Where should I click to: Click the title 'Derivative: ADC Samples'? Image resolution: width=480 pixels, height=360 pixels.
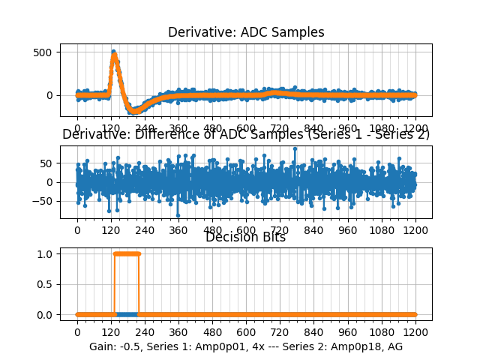pyautogui.click(x=246, y=32)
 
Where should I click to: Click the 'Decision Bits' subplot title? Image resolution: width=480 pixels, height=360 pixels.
pyautogui.click(x=245, y=238)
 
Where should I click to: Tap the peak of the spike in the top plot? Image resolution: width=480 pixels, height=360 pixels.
pyautogui.click(x=113, y=52)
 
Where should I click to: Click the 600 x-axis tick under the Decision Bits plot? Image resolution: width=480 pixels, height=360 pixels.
pyautogui.click(x=246, y=332)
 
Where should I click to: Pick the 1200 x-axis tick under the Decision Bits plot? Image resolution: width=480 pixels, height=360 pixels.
pyautogui.click(x=415, y=332)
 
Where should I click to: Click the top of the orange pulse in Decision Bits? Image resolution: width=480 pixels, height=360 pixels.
pyautogui.click(x=127, y=253)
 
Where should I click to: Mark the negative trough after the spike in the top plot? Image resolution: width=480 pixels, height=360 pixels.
pyautogui.click(x=136, y=111)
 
